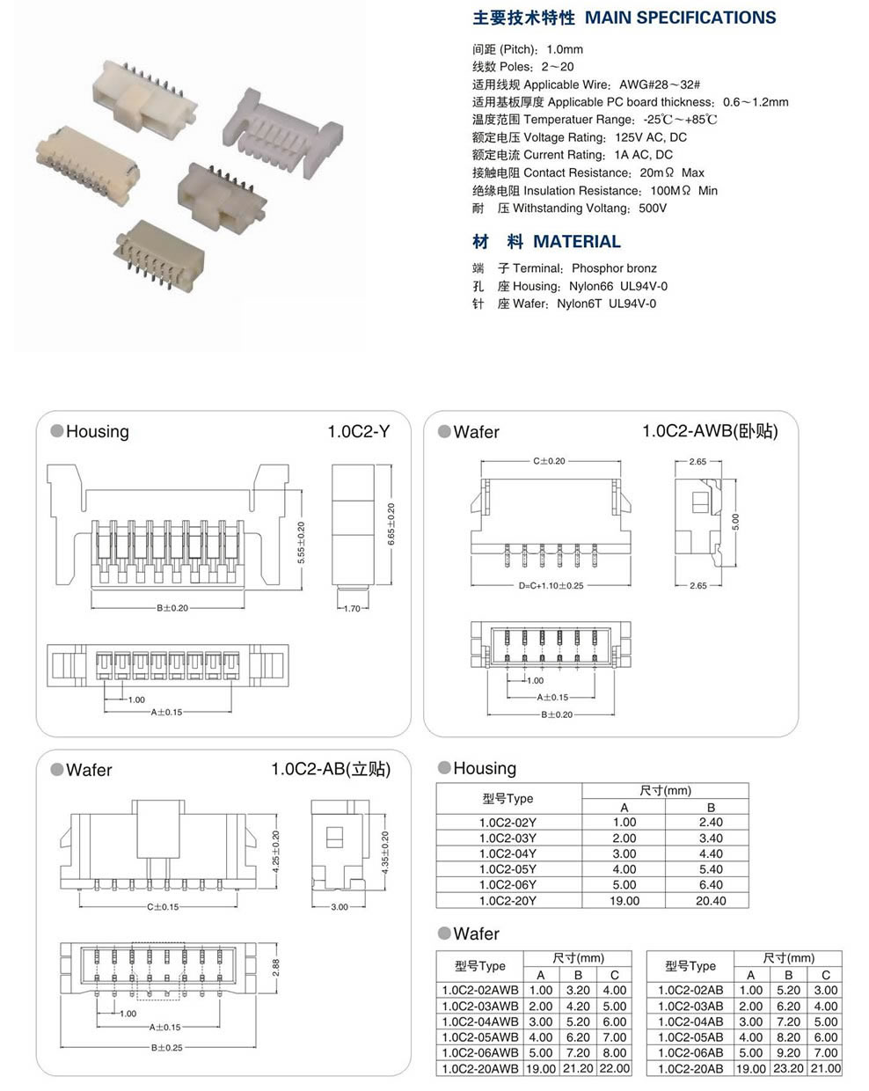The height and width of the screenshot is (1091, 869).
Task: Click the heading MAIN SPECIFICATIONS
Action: pyautogui.click(x=680, y=18)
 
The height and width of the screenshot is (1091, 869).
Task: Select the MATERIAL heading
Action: pyautogui.click(x=576, y=242)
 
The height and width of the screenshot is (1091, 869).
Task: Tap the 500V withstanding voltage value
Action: pyautogui.click(x=652, y=209)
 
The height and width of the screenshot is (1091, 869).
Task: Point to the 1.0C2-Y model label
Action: pyautogui.click(x=358, y=431)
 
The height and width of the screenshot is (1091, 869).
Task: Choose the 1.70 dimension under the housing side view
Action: pyautogui.click(x=351, y=608)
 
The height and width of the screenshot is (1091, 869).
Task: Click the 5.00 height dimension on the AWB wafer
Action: pyautogui.click(x=736, y=522)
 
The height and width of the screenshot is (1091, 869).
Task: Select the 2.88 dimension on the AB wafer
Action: pyautogui.click(x=275, y=965)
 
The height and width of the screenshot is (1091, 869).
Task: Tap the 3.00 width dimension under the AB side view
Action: pyautogui.click(x=339, y=907)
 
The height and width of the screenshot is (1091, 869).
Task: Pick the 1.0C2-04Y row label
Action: pyautogui.click(x=508, y=853)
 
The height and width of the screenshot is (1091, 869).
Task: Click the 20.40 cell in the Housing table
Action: pyautogui.click(x=710, y=901)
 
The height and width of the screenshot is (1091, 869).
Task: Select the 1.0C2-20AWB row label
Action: pyautogui.click(x=480, y=1068)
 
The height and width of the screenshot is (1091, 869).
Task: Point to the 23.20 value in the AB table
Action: pyautogui.click(x=788, y=1068)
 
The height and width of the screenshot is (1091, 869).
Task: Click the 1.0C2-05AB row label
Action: pyautogui.click(x=690, y=1037)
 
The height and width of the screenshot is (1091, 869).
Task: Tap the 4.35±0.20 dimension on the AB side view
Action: pyautogui.click(x=385, y=853)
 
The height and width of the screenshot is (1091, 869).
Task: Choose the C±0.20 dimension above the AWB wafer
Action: pyautogui.click(x=549, y=460)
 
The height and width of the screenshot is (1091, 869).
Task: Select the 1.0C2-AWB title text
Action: pyautogui.click(x=710, y=431)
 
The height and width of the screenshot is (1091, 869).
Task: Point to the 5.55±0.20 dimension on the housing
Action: pyautogui.click(x=301, y=542)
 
